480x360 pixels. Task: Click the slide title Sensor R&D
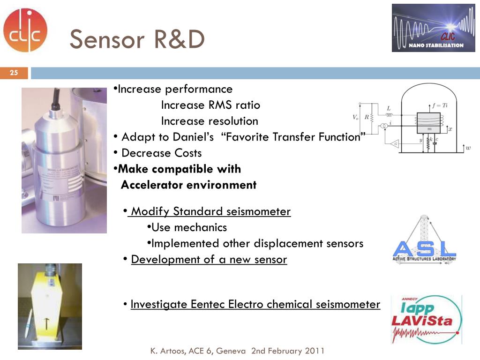pyautogui.click(x=137, y=39)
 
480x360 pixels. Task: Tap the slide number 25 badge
pyautogui.click(x=14, y=73)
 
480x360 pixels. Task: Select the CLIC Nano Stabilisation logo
pyautogui.click(x=433, y=28)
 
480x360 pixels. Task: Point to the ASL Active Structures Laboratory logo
pyautogui.click(x=424, y=241)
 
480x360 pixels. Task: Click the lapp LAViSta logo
pyautogui.click(x=426, y=319)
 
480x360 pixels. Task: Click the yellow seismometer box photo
pyautogui.click(x=50, y=307)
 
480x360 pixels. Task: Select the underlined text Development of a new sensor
pyautogui.click(x=209, y=259)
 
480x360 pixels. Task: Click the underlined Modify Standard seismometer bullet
pyautogui.click(x=210, y=211)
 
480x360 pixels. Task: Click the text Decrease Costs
pyautogui.click(x=161, y=153)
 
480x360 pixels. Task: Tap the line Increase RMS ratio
pyautogui.click(x=210, y=105)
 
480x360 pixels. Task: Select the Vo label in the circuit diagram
pyautogui.click(x=356, y=117)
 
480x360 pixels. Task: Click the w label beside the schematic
pyautogui.click(x=468, y=148)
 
